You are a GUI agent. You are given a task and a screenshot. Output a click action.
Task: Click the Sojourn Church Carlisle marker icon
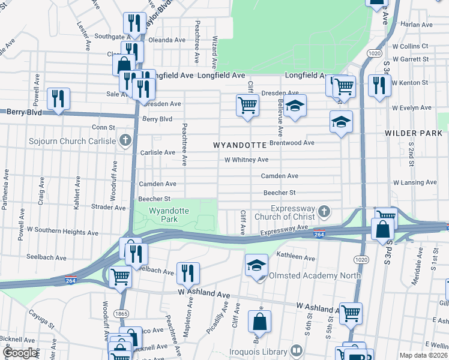click(125, 141)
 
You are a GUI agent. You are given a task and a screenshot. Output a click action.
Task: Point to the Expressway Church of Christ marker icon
click(324, 211)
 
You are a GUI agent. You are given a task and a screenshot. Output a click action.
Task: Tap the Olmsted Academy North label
click(315, 276)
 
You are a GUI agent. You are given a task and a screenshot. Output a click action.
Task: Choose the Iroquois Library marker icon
click(297, 350)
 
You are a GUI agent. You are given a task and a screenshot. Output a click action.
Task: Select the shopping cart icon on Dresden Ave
click(247, 105)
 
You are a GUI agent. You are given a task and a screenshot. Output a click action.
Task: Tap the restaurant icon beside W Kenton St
click(379, 85)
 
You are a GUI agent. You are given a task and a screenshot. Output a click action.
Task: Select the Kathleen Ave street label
click(295, 257)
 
